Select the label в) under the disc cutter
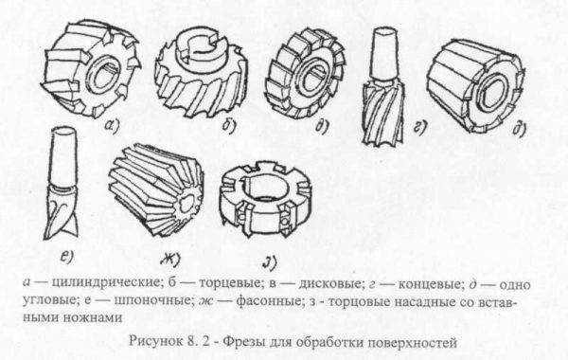pyautogui.click(x=322, y=126)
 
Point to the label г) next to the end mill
pyautogui.click(x=419, y=127)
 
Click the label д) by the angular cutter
pyautogui.click(x=519, y=129)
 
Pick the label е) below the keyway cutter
pyautogui.click(x=66, y=257)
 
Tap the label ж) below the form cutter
pyautogui.click(x=170, y=259)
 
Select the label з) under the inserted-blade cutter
pyautogui.click(x=270, y=262)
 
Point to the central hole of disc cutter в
pyautogui.click(x=311, y=79)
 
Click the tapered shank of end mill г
pyautogui.click(x=385, y=53)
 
